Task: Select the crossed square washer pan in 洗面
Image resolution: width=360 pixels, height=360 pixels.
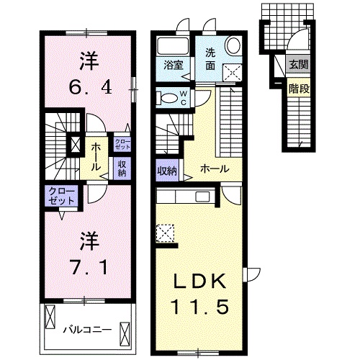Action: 232,71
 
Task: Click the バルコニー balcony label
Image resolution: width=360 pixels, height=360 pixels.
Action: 86,329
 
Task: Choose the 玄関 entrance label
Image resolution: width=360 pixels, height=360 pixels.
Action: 297,63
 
